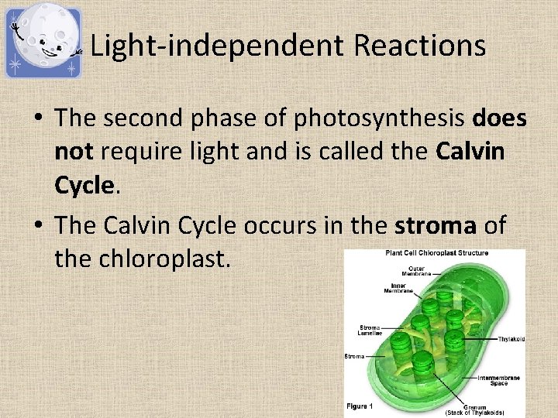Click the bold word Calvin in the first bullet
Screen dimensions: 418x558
(470, 152)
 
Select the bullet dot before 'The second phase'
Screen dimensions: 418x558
(38, 119)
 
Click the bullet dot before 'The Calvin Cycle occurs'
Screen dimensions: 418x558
(38, 226)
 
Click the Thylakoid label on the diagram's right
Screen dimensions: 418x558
(511, 338)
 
